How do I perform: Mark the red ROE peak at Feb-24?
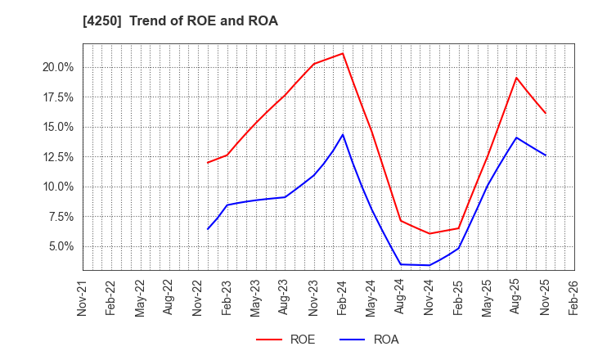tap(343, 53)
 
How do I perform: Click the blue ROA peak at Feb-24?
tap(343, 134)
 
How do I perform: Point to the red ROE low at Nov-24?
tap(429, 234)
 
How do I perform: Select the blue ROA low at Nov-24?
tap(429, 265)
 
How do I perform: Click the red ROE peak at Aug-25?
tap(516, 78)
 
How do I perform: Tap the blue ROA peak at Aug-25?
tap(516, 137)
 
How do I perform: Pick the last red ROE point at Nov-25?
tap(546, 114)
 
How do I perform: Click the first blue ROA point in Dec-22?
tap(208, 229)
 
